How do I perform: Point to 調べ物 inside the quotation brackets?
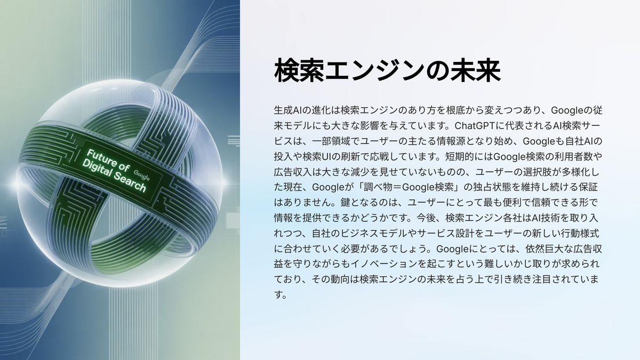click(378, 187)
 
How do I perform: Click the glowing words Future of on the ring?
click(108, 161)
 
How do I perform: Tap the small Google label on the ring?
click(142, 175)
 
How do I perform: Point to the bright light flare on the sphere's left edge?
click(15, 183)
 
